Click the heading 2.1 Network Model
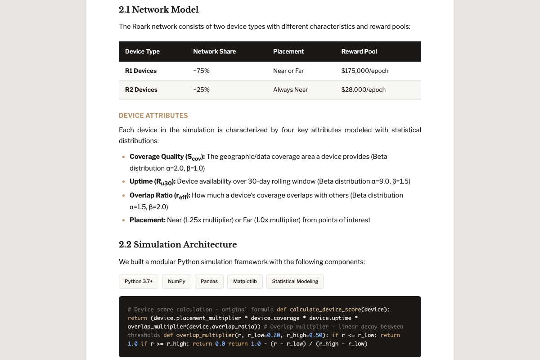pos(158,9)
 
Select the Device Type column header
pos(142,51)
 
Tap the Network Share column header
pos(214,51)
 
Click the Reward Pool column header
pos(359,51)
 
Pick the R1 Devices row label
pos(141,71)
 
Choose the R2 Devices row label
pos(141,90)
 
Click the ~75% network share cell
pos(201,71)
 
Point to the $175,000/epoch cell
pos(364,71)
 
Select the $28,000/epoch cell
pos(363,90)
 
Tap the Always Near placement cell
pos(290,90)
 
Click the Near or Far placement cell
pos(288,71)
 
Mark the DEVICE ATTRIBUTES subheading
pos(153,116)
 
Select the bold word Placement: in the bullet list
pos(148,220)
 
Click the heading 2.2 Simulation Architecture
pos(178,245)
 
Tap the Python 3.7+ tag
pos(139,281)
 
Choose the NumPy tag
pos(176,281)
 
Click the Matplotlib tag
pos(245,281)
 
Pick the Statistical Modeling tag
pos(295,281)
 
